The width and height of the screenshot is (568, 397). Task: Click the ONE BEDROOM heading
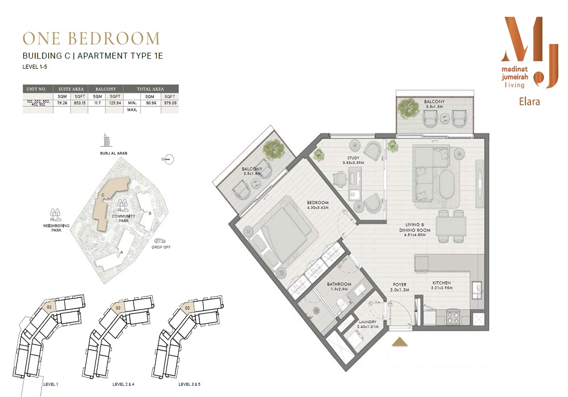(x=91, y=39)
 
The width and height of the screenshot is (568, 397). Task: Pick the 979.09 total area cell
(x=169, y=103)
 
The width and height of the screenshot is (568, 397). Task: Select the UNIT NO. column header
(x=37, y=89)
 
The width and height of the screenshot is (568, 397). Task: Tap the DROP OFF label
(x=161, y=247)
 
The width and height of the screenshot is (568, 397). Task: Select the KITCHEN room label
(x=441, y=282)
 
